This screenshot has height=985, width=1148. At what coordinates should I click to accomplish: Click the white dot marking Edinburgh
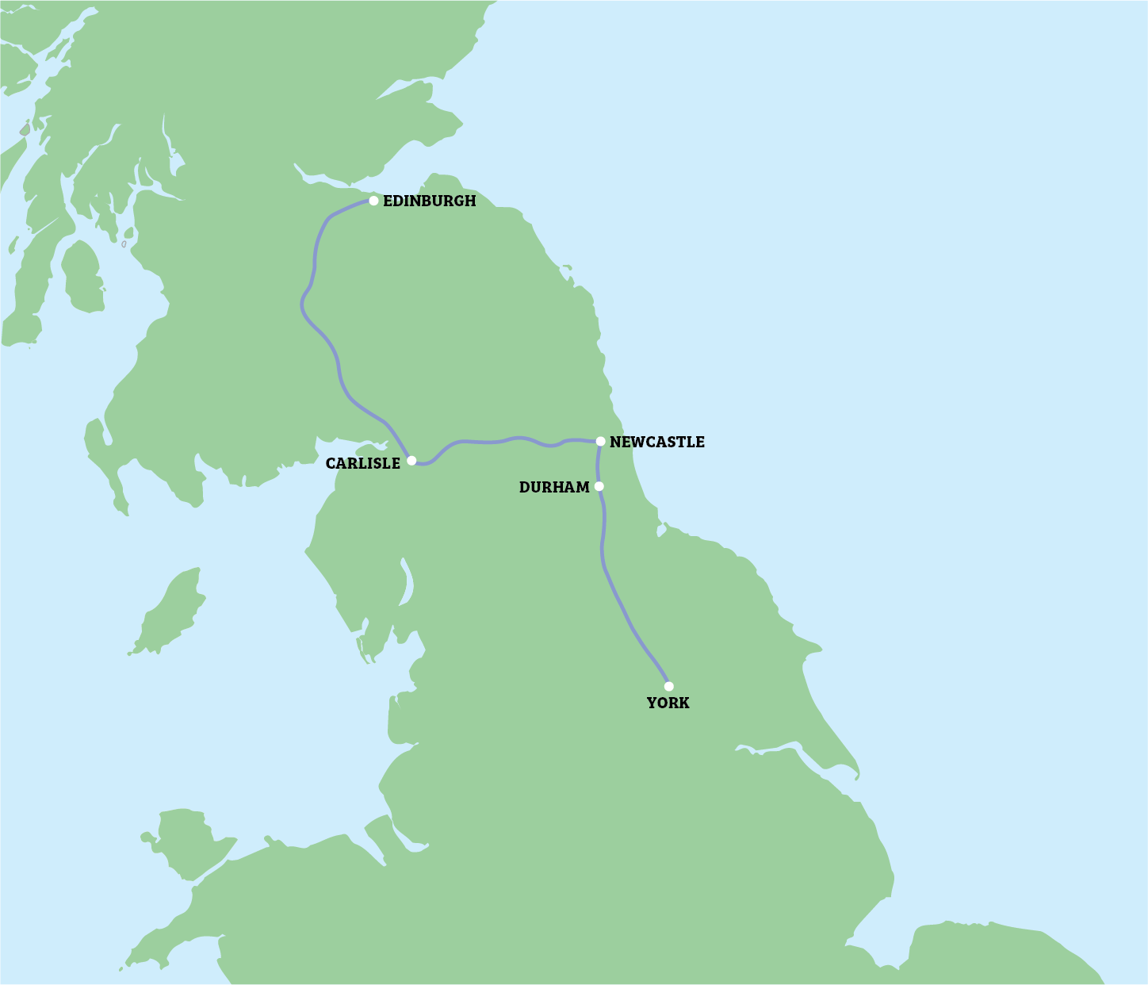373,201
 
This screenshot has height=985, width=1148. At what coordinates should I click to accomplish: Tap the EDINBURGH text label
430,201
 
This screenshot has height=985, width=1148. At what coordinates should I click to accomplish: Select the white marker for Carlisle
411,460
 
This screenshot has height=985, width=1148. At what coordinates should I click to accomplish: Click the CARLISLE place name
363,464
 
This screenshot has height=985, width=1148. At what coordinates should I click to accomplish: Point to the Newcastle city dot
601,441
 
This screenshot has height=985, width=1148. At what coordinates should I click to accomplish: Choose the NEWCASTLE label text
657,443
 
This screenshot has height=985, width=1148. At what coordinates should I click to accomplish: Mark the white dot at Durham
599,486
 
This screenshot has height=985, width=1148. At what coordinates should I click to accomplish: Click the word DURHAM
554,488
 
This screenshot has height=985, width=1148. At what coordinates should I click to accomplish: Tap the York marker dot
668,686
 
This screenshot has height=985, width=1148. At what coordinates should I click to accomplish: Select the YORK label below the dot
668,703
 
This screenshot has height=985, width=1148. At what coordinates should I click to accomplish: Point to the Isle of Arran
82,276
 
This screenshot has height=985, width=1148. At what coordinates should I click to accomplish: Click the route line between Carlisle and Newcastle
507,439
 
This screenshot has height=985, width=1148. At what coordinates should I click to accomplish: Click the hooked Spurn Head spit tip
857,777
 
